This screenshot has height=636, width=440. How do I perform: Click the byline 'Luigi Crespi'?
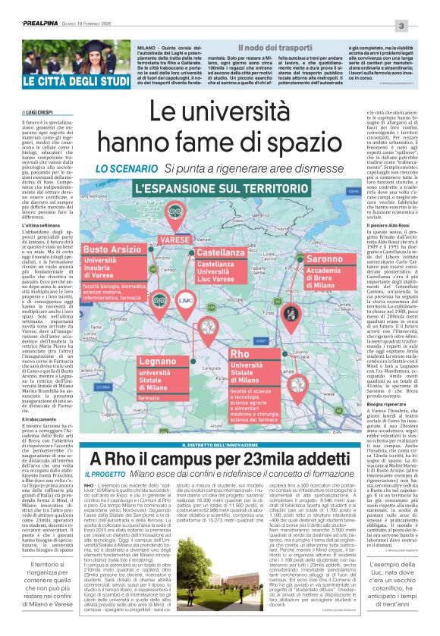click(39, 111)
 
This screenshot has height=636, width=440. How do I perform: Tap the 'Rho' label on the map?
click(240, 354)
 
